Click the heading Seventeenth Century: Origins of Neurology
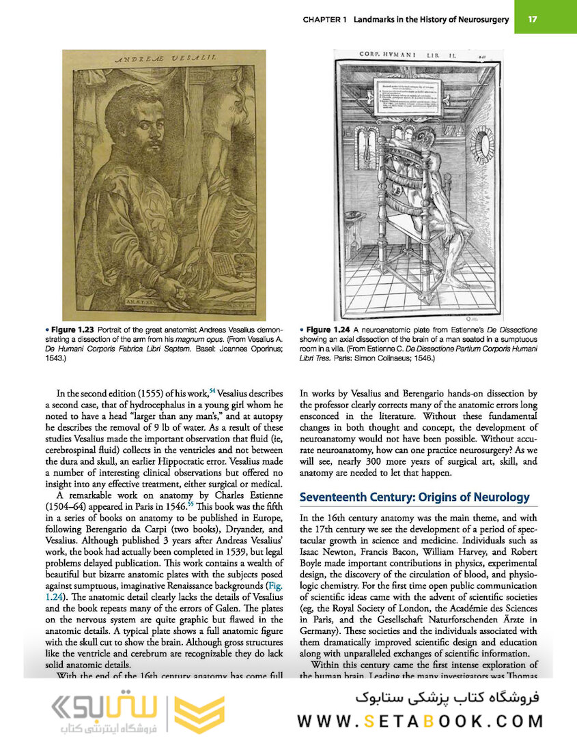[x=414, y=496]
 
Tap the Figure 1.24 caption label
[x=331, y=330]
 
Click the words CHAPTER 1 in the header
[x=325, y=20]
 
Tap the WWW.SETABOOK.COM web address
[x=420, y=721]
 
